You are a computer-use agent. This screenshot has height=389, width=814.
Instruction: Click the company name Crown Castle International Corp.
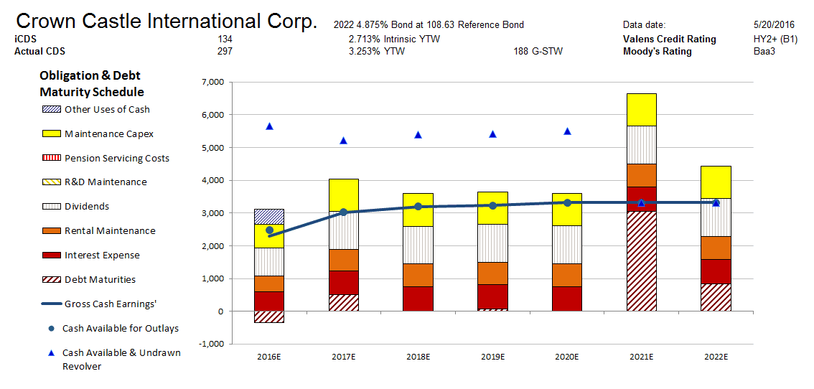tap(166, 21)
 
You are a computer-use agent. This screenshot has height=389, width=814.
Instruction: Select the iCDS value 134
tap(225, 39)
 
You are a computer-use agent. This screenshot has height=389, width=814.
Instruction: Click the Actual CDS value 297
tap(225, 51)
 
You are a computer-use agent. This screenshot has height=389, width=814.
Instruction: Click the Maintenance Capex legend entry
tap(108, 133)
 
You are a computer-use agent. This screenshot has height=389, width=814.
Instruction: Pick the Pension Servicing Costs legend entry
tap(116, 158)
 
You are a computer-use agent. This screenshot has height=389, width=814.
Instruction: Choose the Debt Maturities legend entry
tap(100, 279)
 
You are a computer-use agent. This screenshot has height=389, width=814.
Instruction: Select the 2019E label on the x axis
tap(492, 357)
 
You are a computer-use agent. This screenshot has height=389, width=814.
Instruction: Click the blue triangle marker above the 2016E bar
tap(269, 126)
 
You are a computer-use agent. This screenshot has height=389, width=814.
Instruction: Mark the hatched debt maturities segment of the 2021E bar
tap(641, 261)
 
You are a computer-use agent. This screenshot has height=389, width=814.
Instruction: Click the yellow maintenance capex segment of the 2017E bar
tap(343, 194)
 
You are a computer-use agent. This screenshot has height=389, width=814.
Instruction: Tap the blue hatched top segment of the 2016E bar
tap(269, 216)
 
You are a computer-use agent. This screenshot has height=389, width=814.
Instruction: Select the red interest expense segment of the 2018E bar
tap(418, 299)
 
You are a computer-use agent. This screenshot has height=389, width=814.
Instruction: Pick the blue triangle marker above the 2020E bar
tap(567, 131)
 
